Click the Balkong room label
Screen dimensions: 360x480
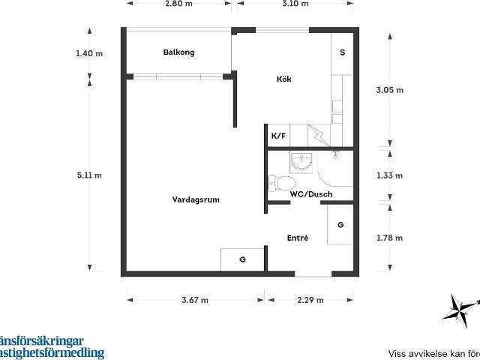click(x=178, y=52)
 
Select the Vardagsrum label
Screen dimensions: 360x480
click(x=196, y=199)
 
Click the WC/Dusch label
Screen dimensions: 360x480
click(x=311, y=194)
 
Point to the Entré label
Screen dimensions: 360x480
click(x=298, y=238)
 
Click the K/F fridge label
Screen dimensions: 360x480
click(x=278, y=136)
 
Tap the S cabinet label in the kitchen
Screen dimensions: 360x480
click(x=342, y=52)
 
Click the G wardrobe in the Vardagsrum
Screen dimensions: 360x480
click(x=242, y=259)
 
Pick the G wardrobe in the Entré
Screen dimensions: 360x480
click(x=340, y=224)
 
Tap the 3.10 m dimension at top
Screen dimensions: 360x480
click(x=295, y=4)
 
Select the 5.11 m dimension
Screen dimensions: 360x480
click(x=89, y=175)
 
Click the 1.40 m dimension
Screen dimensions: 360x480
click(x=89, y=54)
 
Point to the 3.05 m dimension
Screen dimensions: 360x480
click(x=389, y=90)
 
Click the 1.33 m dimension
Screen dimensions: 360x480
click(x=389, y=175)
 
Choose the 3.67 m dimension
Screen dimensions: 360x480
click(x=195, y=300)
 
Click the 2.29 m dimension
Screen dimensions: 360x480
click(x=310, y=300)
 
